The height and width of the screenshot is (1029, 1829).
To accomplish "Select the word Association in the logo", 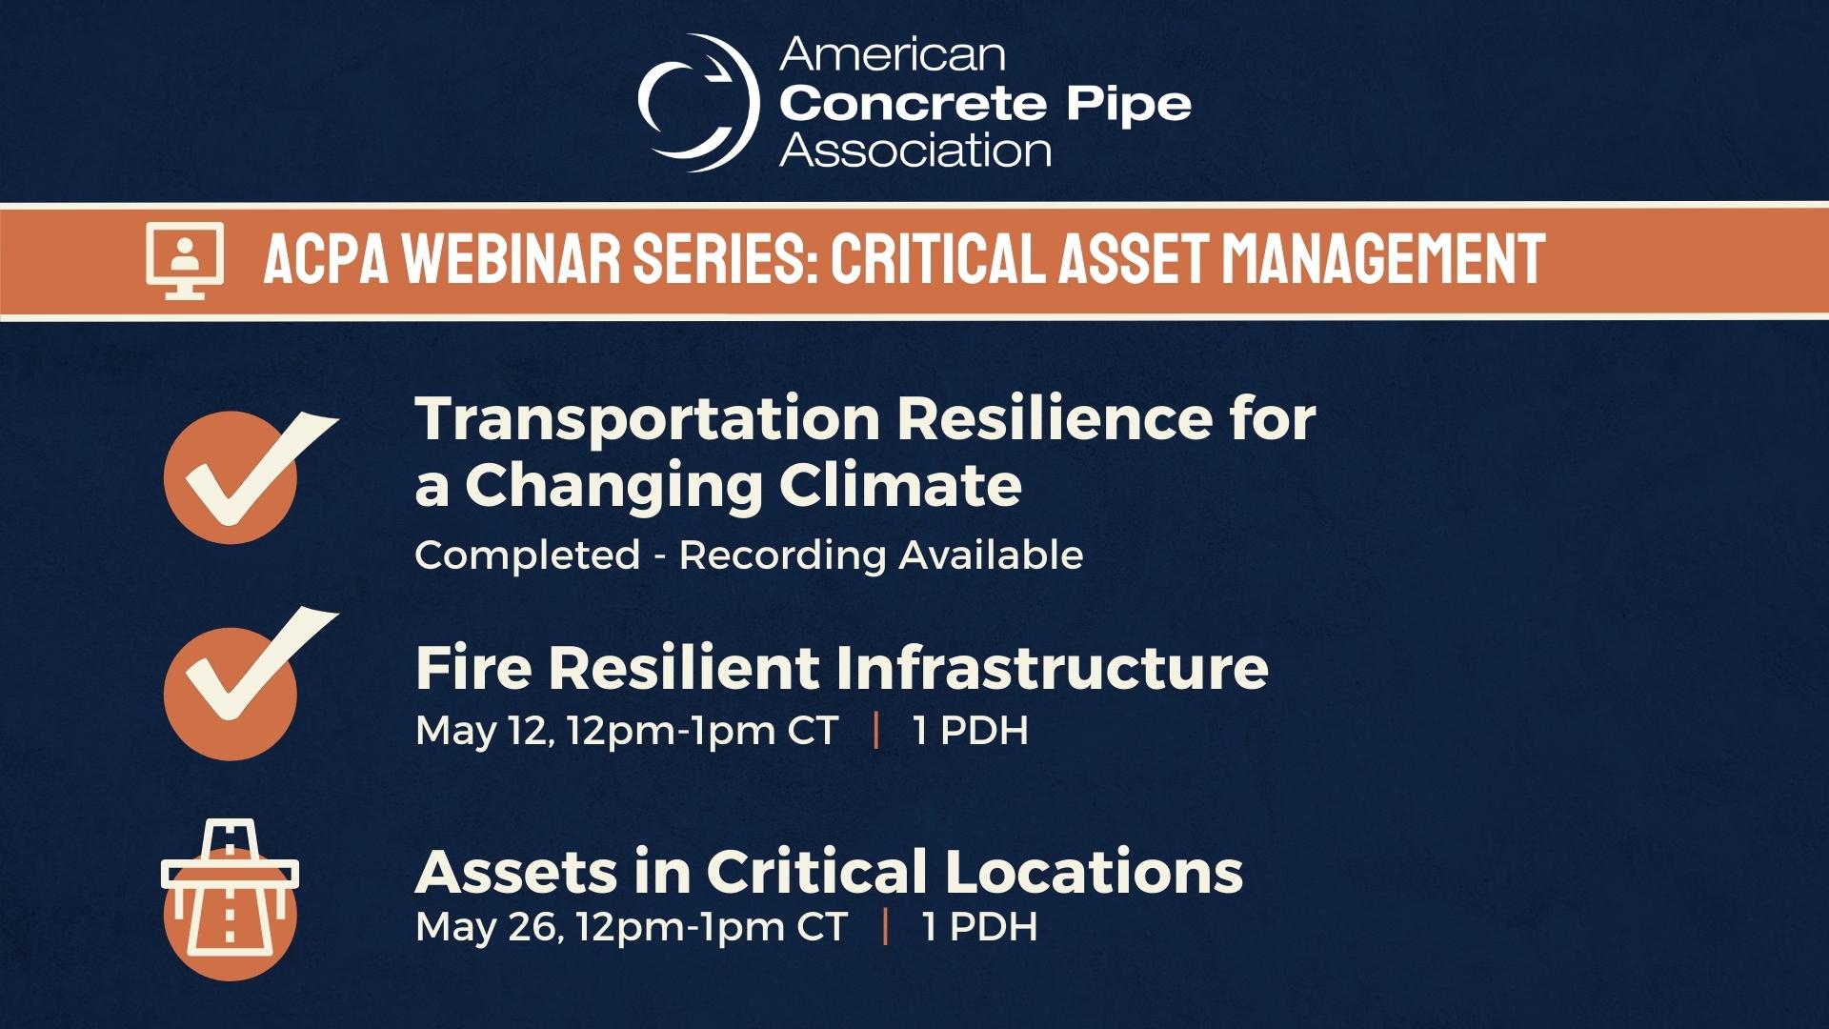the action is [x=915, y=151].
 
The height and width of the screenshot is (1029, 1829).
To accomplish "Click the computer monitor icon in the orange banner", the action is [x=185, y=260].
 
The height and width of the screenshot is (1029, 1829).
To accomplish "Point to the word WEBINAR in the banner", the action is [x=511, y=258].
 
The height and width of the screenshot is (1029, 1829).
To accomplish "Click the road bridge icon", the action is [x=230, y=899].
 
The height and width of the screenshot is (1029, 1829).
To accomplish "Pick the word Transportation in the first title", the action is [x=648, y=419].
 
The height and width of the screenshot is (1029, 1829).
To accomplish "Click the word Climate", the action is [x=900, y=485].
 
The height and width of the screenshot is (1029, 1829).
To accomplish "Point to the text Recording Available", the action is [x=881, y=555].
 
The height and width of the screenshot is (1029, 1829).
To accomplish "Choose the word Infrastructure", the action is [x=1051, y=667].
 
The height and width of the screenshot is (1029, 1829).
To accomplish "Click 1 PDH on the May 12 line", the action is [x=971, y=731].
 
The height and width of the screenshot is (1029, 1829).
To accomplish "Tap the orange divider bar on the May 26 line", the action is [x=886, y=927].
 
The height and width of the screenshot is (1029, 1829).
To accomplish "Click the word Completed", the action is [x=527, y=556].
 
